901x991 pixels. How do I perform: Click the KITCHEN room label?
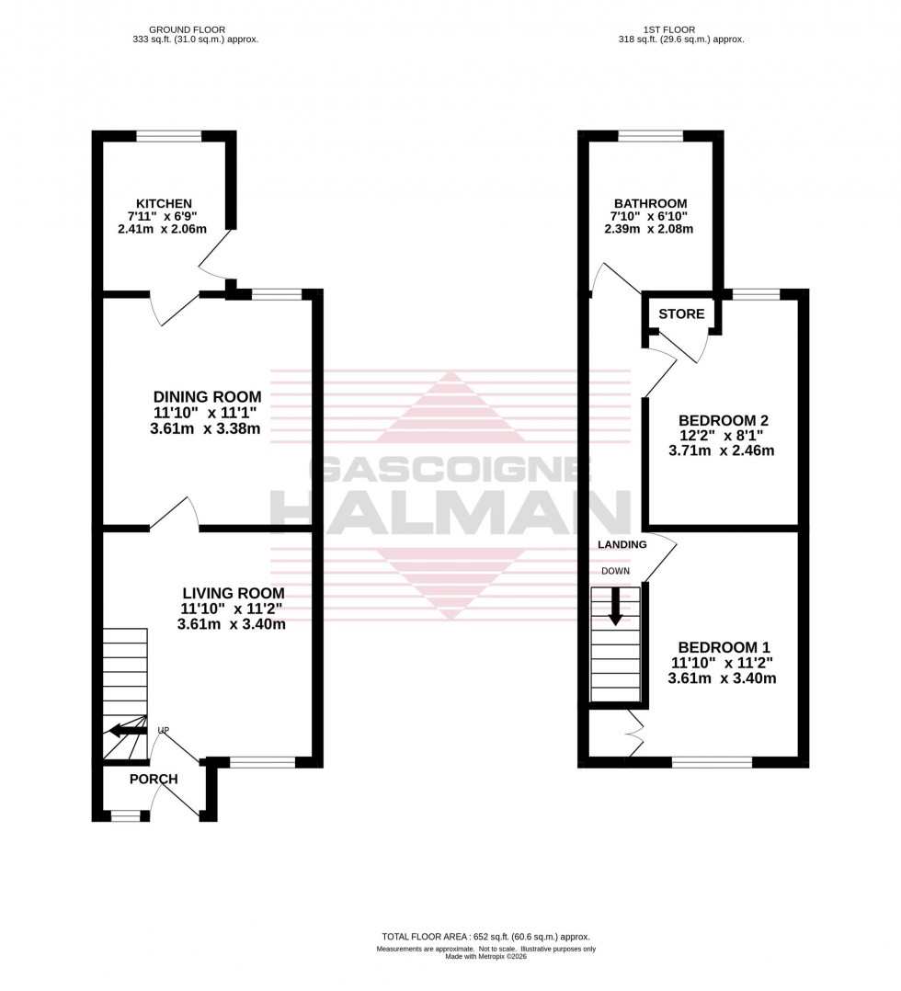click(x=164, y=203)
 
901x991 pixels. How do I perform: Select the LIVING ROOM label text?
click(x=233, y=593)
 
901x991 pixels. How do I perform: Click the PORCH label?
click(x=153, y=779)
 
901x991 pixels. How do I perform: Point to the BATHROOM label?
click(x=650, y=203)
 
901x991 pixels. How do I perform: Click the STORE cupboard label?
click(x=681, y=314)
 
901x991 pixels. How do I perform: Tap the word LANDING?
click(x=622, y=544)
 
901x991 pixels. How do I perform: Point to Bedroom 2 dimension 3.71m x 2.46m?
click(x=721, y=450)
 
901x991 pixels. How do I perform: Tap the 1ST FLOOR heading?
click(x=682, y=29)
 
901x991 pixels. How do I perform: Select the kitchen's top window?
click(x=168, y=136)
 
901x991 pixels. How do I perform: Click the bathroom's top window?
click(x=650, y=136)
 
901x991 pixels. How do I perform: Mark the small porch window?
click(x=125, y=815)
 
